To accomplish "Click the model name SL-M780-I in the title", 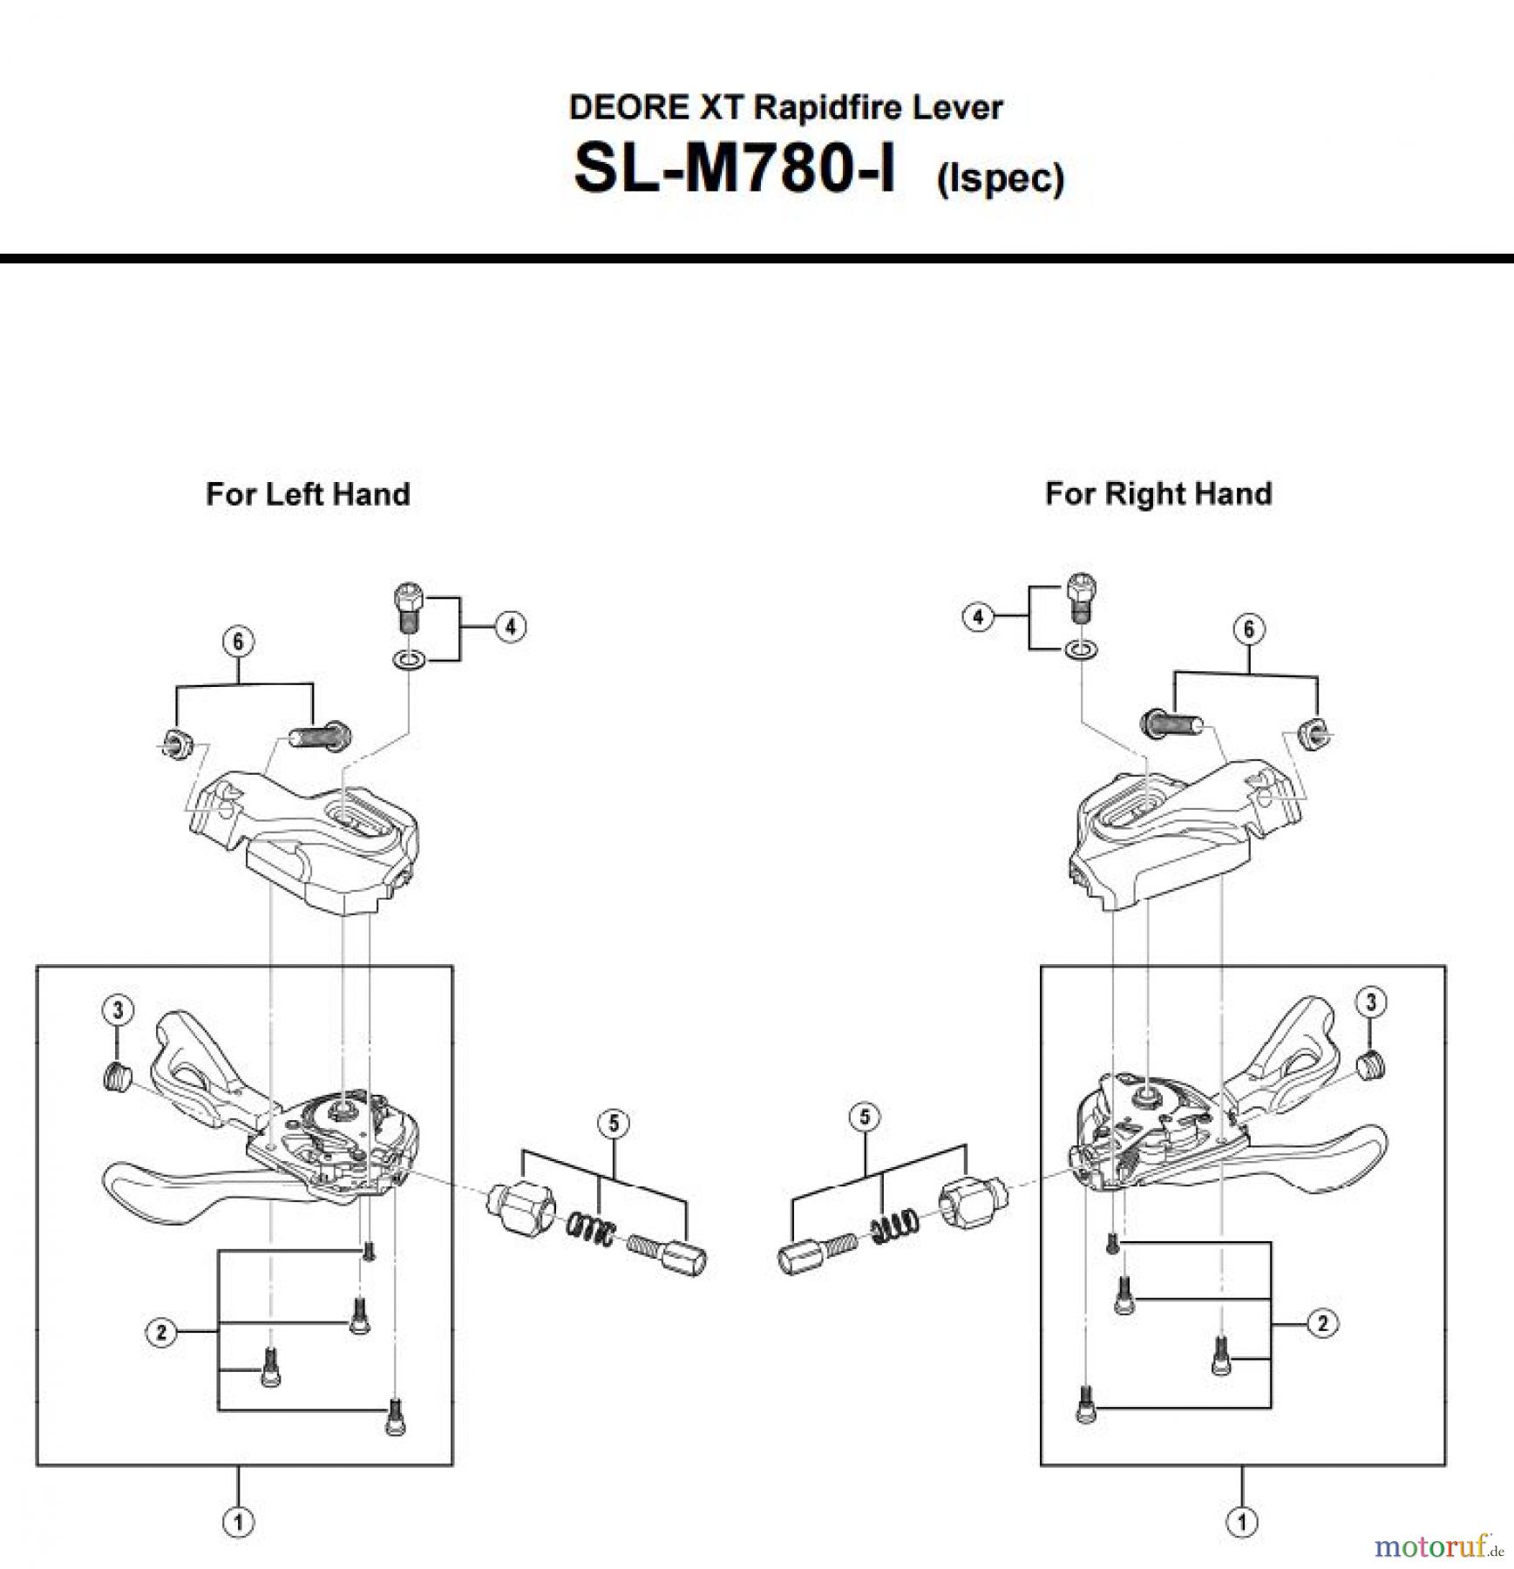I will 734,169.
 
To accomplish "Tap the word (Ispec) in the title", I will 1000,179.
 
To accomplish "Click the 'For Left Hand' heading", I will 308,494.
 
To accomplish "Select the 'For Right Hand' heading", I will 1158,494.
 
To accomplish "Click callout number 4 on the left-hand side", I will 510,627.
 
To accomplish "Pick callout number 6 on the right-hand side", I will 1248,628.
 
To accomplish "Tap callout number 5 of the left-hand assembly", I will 614,1124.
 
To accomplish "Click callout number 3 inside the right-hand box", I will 1370,1002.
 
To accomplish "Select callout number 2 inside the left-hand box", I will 161,1332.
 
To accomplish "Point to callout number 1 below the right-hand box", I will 1241,1522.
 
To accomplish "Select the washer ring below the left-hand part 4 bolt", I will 409,660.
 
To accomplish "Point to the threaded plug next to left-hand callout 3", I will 117,1077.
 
